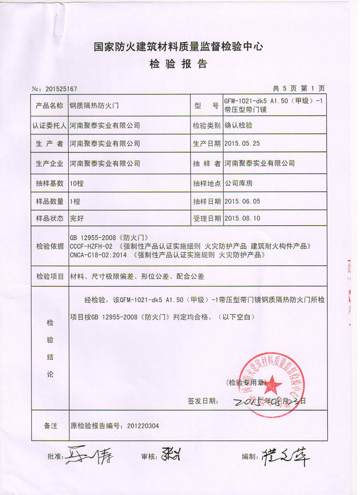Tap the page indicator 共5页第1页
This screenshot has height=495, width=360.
coord(298,88)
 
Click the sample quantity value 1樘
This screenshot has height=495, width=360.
coord(75,201)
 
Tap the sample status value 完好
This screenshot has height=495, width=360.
coord(76,218)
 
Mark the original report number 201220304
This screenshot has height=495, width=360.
coord(142,425)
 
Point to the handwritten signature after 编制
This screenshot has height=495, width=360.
coord(285,456)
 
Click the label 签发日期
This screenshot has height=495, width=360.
coord(203,400)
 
